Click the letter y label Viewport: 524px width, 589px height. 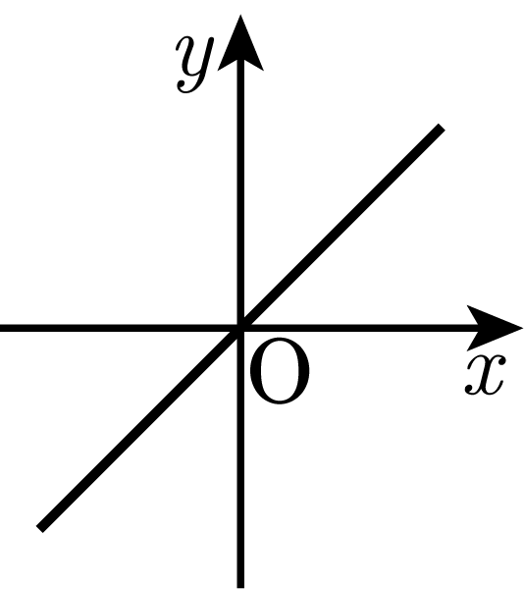click(194, 64)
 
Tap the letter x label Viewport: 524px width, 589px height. click(486, 375)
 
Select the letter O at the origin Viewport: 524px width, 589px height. click(280, 370)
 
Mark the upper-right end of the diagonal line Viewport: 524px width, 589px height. click(442, 127)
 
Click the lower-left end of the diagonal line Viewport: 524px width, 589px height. click(39, 528)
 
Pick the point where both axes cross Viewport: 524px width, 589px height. click(240, 328)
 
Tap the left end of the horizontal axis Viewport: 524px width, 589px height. click(1, 328)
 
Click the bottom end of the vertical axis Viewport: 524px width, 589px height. click(240, 588)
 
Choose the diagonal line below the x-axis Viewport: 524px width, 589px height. click(140, 428)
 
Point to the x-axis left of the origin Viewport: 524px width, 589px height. click(120, 328)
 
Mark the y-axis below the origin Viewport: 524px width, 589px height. click(240, 458)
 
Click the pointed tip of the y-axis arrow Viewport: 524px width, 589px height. click(240, 15)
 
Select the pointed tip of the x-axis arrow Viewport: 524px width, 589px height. click(522, 328)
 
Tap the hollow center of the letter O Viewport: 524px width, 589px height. click(280, 370)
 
